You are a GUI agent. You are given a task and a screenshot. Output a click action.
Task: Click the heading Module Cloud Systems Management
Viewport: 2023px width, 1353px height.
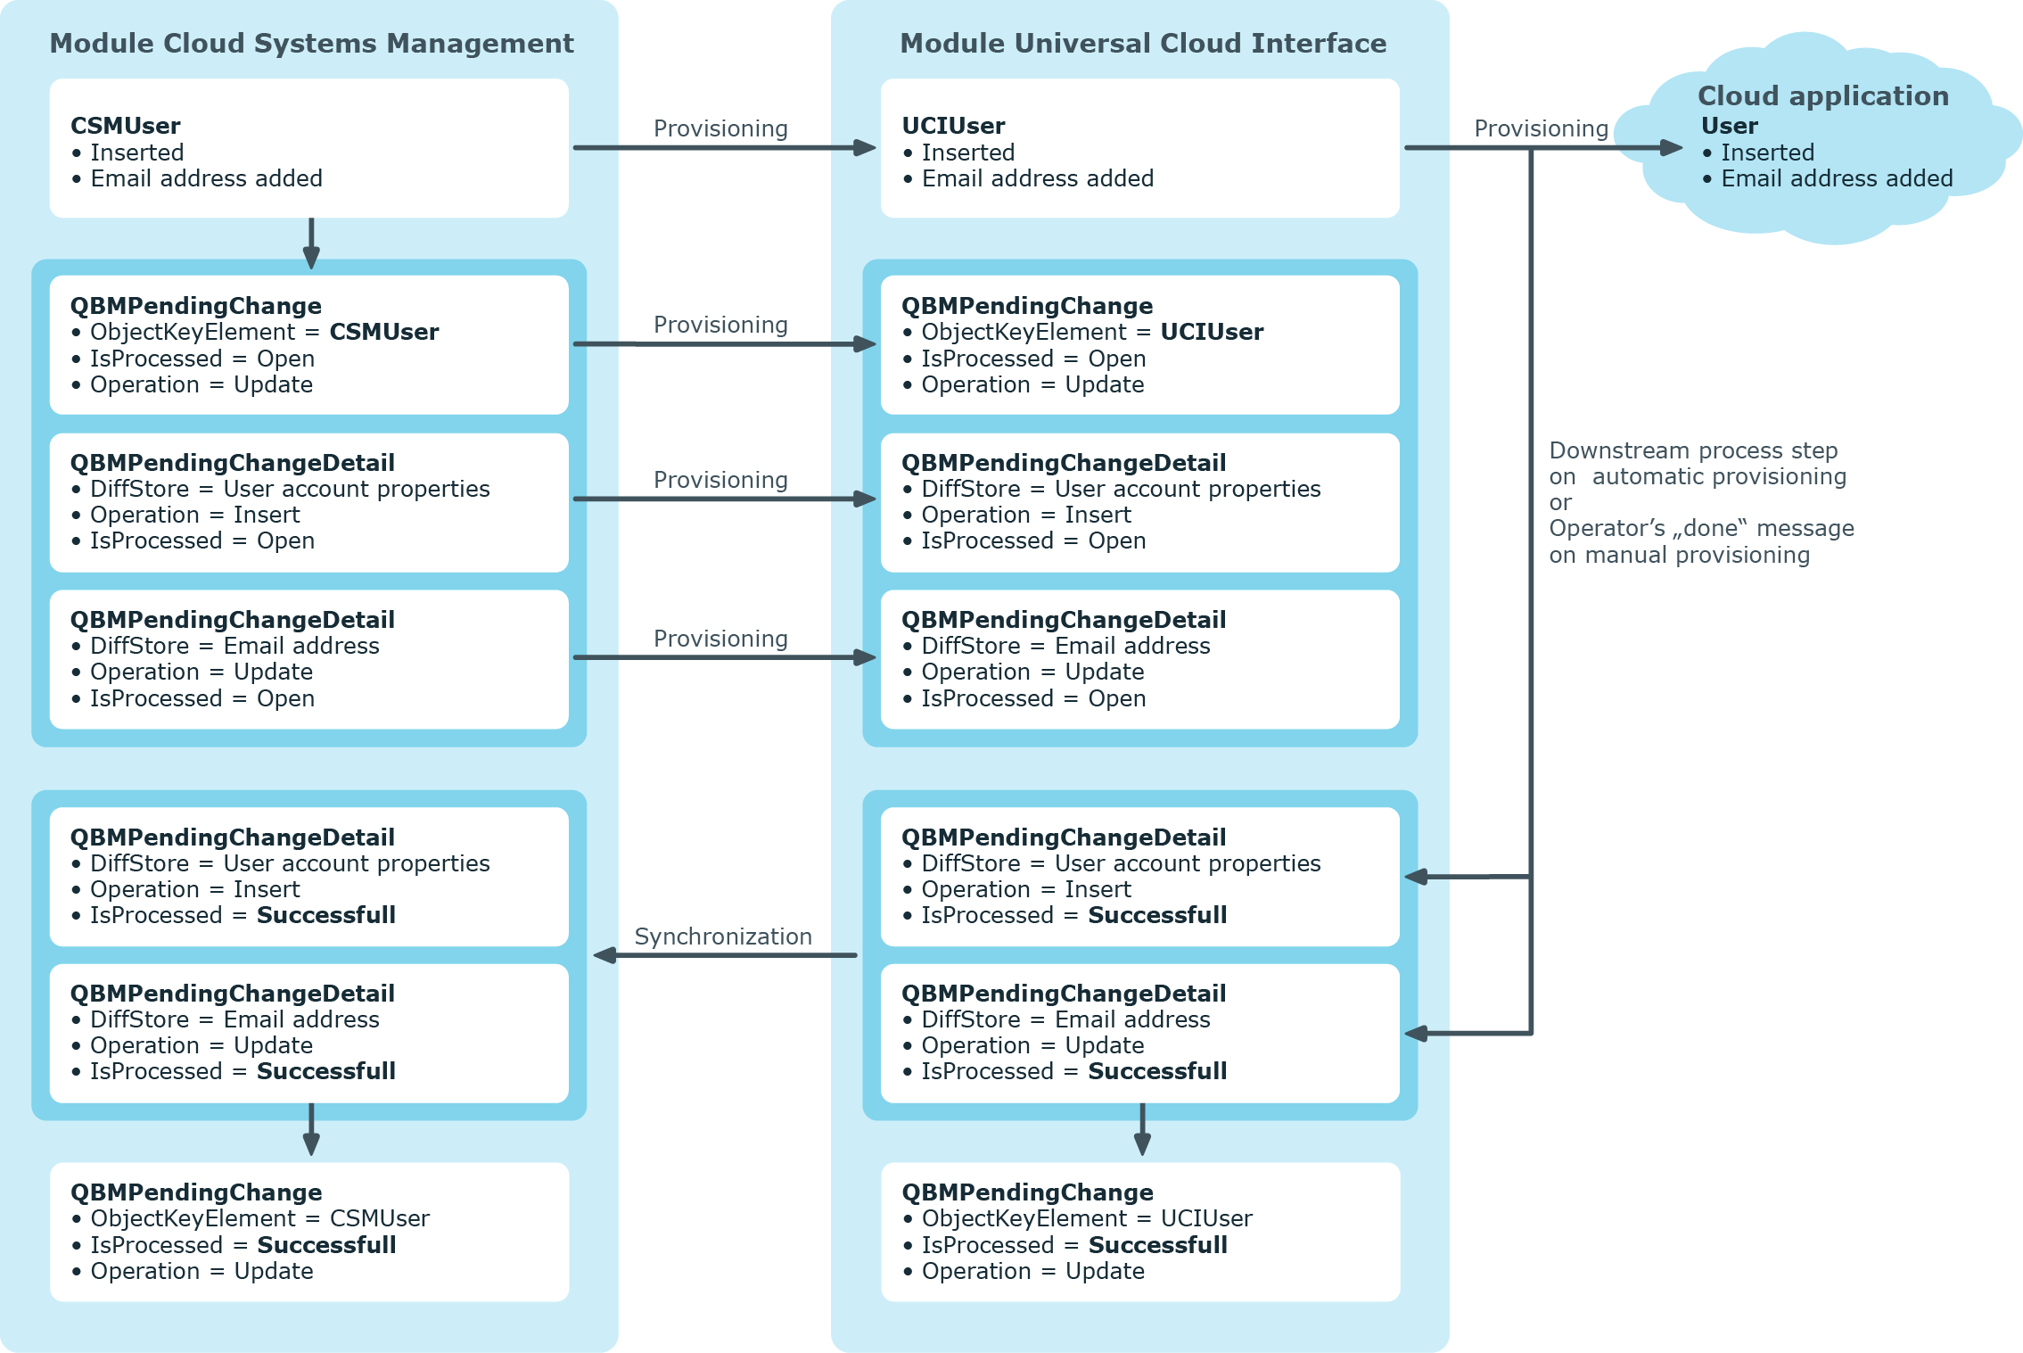[311, 43]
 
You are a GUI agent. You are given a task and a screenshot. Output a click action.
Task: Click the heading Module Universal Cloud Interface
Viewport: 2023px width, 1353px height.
[1143, 43]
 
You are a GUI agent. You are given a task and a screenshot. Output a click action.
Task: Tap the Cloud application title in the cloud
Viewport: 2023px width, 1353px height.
[1823, 95]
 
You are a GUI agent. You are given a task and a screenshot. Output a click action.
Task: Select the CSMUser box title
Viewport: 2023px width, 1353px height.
[126, 126]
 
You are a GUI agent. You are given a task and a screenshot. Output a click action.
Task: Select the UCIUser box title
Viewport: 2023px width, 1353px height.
[953, 126]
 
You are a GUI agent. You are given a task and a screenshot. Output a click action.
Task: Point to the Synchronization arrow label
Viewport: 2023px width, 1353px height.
[723, 936]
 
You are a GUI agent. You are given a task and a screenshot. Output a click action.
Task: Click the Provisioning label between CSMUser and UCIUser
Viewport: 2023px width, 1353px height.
[720, 128]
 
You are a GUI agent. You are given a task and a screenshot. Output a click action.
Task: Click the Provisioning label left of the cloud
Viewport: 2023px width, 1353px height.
[1541, 128]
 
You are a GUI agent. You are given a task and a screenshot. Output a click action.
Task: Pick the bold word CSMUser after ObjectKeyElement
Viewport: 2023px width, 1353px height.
[384, 332]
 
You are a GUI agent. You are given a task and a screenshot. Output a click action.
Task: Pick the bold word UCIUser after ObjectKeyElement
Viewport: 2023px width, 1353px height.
[1212, 332]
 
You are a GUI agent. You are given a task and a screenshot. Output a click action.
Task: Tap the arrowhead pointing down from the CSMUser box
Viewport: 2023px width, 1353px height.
[311, 257]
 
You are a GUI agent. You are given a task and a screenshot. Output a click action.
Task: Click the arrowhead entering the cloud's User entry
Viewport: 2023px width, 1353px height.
[1671, 148]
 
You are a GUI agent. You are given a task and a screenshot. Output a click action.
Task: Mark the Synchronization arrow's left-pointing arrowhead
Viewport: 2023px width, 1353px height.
[605, 955]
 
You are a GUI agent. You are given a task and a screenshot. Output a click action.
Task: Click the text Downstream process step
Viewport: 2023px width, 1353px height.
[1693, 450]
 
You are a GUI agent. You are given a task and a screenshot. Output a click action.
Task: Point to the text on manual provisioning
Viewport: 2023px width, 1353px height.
[1679, 555]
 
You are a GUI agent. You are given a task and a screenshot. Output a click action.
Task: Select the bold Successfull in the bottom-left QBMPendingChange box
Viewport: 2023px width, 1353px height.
[326, 1245]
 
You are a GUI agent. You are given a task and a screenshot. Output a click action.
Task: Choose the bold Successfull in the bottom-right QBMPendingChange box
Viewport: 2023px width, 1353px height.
[1157, 1245]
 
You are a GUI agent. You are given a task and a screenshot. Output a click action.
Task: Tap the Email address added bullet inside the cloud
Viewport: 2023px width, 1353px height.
[1828, 178]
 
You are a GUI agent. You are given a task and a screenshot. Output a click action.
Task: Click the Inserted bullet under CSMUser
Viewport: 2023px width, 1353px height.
[127, 153]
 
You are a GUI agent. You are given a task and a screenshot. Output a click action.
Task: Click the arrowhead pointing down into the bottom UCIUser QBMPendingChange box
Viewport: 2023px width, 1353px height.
[1142, 1144]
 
